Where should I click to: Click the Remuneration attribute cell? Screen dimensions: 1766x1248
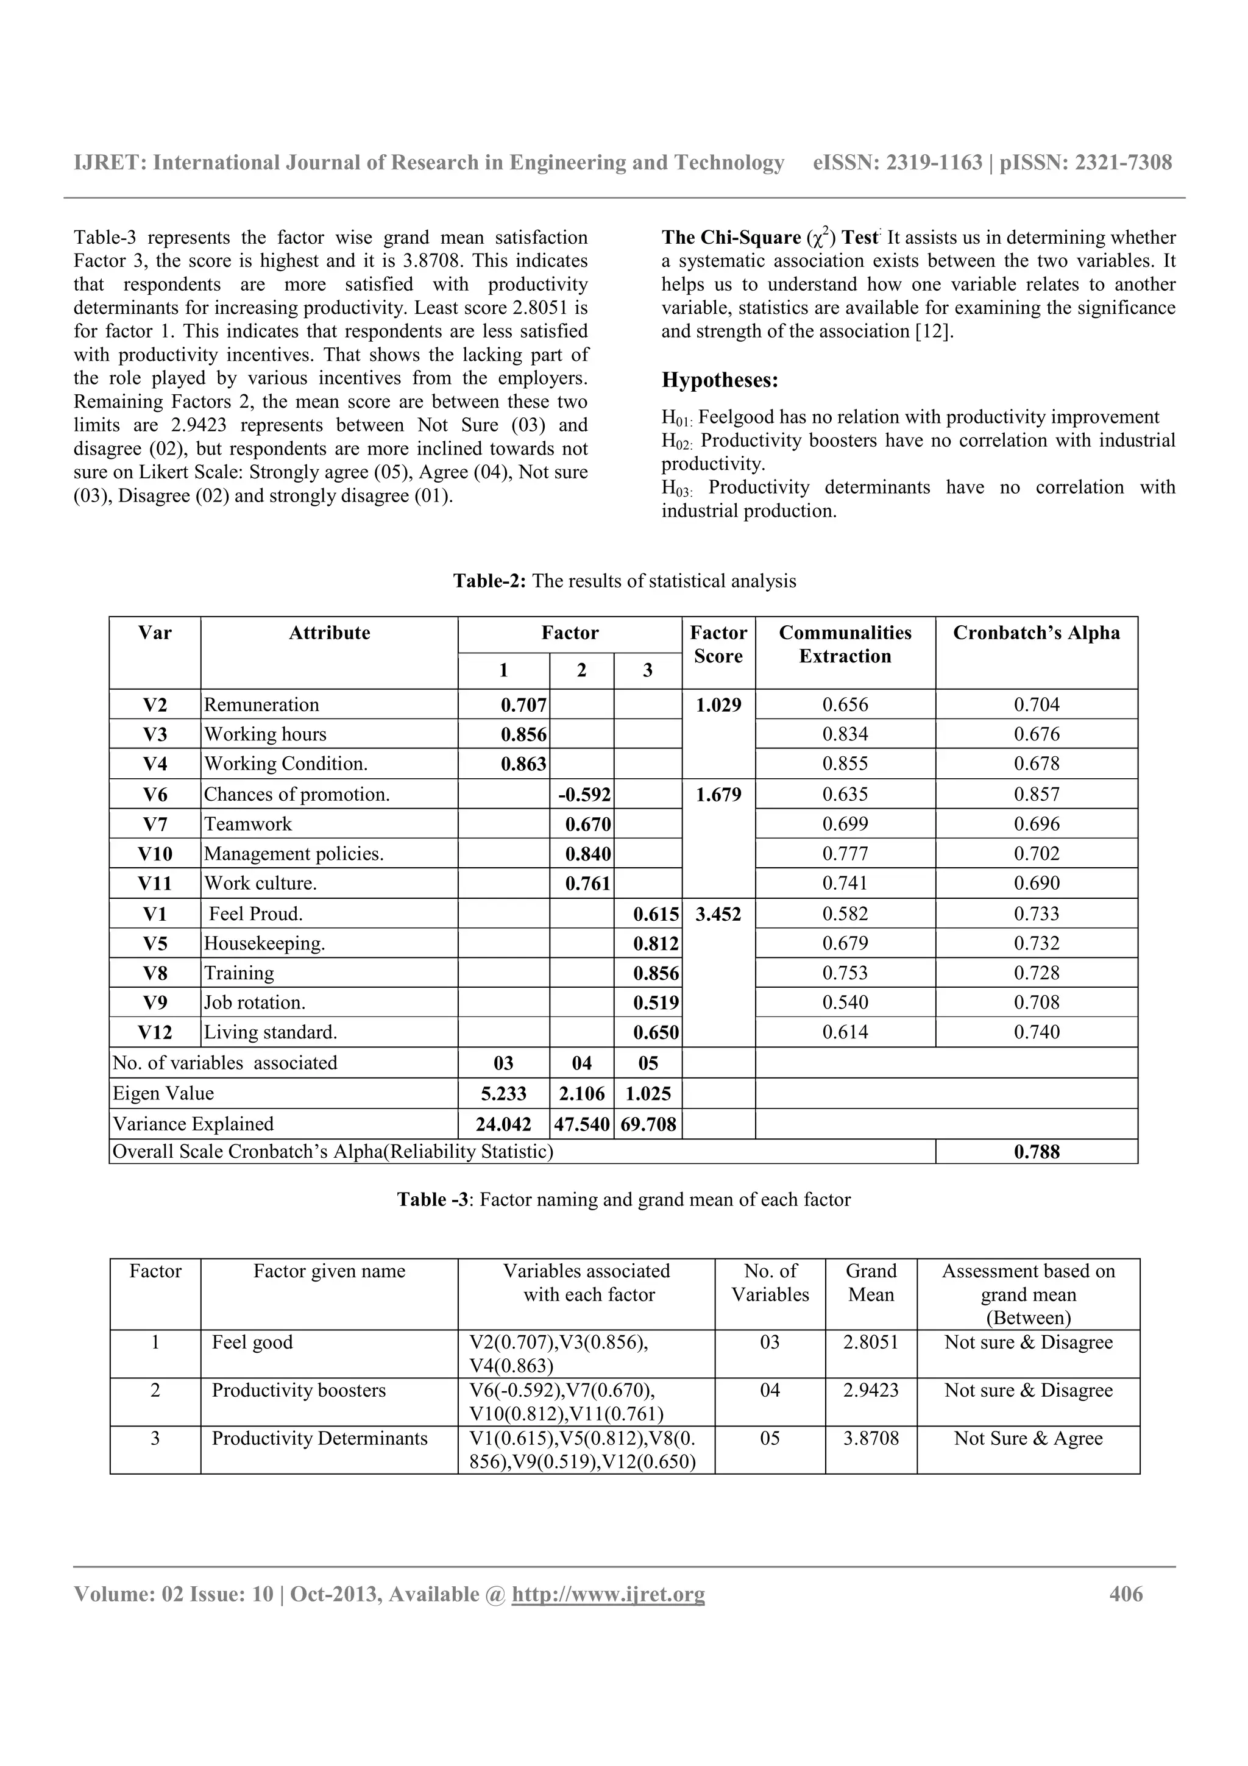tap(261, 704)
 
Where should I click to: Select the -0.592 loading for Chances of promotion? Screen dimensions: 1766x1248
tap(584, 795)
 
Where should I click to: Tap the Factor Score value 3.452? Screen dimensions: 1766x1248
tap(718, 913)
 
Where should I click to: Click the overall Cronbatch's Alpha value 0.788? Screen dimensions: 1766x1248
tap(1037, 1152)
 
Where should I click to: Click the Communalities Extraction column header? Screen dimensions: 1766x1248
tap(845, 645)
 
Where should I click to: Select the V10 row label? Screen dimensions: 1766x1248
tap(155, 854)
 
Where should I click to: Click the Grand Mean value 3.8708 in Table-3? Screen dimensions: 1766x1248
tap(870, 1438)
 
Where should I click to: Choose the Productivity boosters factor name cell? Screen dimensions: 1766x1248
tap(299, 1391)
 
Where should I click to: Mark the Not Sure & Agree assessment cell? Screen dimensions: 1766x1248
tap(1028, 1438)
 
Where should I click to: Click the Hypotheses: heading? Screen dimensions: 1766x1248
tap(720, 381)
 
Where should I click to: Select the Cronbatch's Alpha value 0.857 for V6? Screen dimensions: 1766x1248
tap(1037, 795)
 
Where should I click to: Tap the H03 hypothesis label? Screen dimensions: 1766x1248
tap(676, 488)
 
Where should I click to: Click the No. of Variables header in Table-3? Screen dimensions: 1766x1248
tap(770, 1282)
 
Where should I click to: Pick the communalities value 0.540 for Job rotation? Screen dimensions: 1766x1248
tap(845, 1003)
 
